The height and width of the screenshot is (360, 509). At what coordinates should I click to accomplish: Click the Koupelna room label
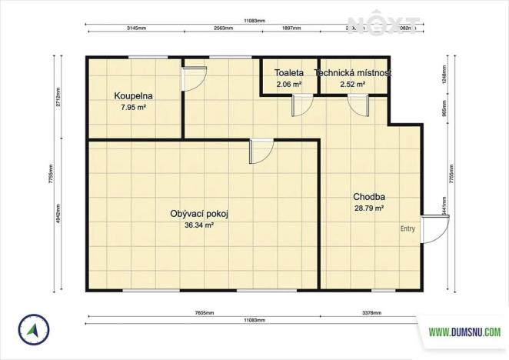point(133,96)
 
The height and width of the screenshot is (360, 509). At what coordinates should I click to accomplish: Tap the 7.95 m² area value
point(133,108)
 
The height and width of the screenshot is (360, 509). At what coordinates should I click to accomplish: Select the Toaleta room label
point(288,72)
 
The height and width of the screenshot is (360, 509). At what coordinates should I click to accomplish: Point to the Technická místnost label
point(354,72)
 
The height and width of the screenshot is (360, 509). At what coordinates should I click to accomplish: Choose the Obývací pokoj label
point(200,214)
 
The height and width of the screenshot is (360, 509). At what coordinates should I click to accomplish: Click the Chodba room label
point(369,196)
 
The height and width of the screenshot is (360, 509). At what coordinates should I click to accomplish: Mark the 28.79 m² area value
point(369,208)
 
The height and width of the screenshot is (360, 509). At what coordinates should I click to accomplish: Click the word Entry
point(408,228)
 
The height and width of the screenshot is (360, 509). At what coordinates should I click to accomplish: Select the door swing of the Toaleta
point(302,105)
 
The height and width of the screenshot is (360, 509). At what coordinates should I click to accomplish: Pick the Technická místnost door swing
point(358,105)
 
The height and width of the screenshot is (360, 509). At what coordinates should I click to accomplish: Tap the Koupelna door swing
point(194,78)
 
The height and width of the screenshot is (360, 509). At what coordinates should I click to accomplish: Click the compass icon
point(32,330)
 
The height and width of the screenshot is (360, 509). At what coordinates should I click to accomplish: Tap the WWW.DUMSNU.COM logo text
point(461,333)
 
